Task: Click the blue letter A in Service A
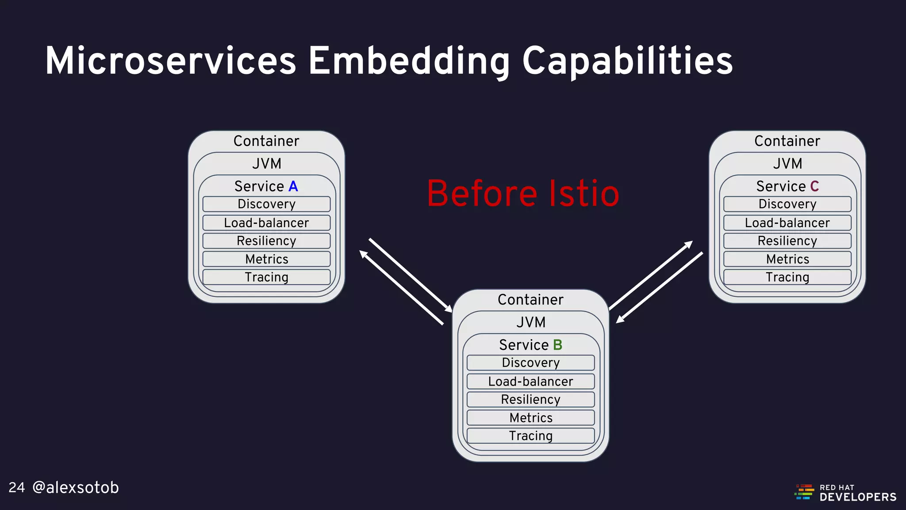point(293,186)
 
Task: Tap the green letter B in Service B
point(557,345)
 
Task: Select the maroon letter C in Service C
point(814,186)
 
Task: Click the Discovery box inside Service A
point(266,204)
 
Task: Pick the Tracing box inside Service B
point(530,436)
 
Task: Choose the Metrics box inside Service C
point(787,259)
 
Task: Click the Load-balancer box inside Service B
point(530,381)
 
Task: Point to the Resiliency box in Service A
point(266,241)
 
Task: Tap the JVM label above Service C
point(787,163)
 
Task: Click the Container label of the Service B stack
point(530,300)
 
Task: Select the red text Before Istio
point(523,193)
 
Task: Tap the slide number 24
point(17,487)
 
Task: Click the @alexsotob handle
point(76,487)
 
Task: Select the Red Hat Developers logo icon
point(805,492)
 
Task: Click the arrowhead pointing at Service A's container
point(363,254)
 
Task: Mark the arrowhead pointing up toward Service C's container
point(689,244)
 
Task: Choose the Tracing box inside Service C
point(787,277)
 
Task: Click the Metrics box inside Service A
point(266,259)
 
